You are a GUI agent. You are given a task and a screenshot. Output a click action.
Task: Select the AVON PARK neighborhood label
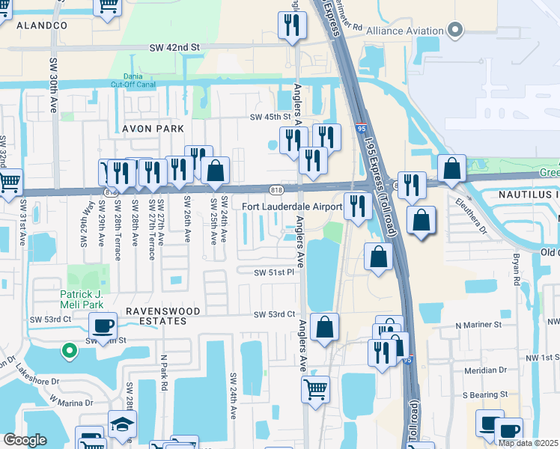(153, 129)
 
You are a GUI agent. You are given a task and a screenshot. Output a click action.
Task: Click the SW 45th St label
(270, 117)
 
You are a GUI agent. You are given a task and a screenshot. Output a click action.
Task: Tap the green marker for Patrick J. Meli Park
(68, 349)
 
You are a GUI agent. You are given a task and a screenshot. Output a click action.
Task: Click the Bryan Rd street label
(517, 272)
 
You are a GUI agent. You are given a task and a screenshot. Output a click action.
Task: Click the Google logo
(25, 440)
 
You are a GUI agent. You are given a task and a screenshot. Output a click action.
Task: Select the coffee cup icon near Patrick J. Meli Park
(103, 326)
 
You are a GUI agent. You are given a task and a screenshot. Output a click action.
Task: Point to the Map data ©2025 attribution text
(528, 443)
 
